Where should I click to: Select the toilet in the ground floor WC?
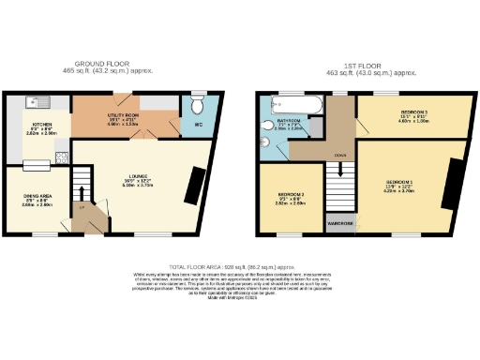(x=197, y=101)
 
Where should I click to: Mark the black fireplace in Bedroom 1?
(x=452, y=182)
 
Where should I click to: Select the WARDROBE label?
(x=338, y=225)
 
